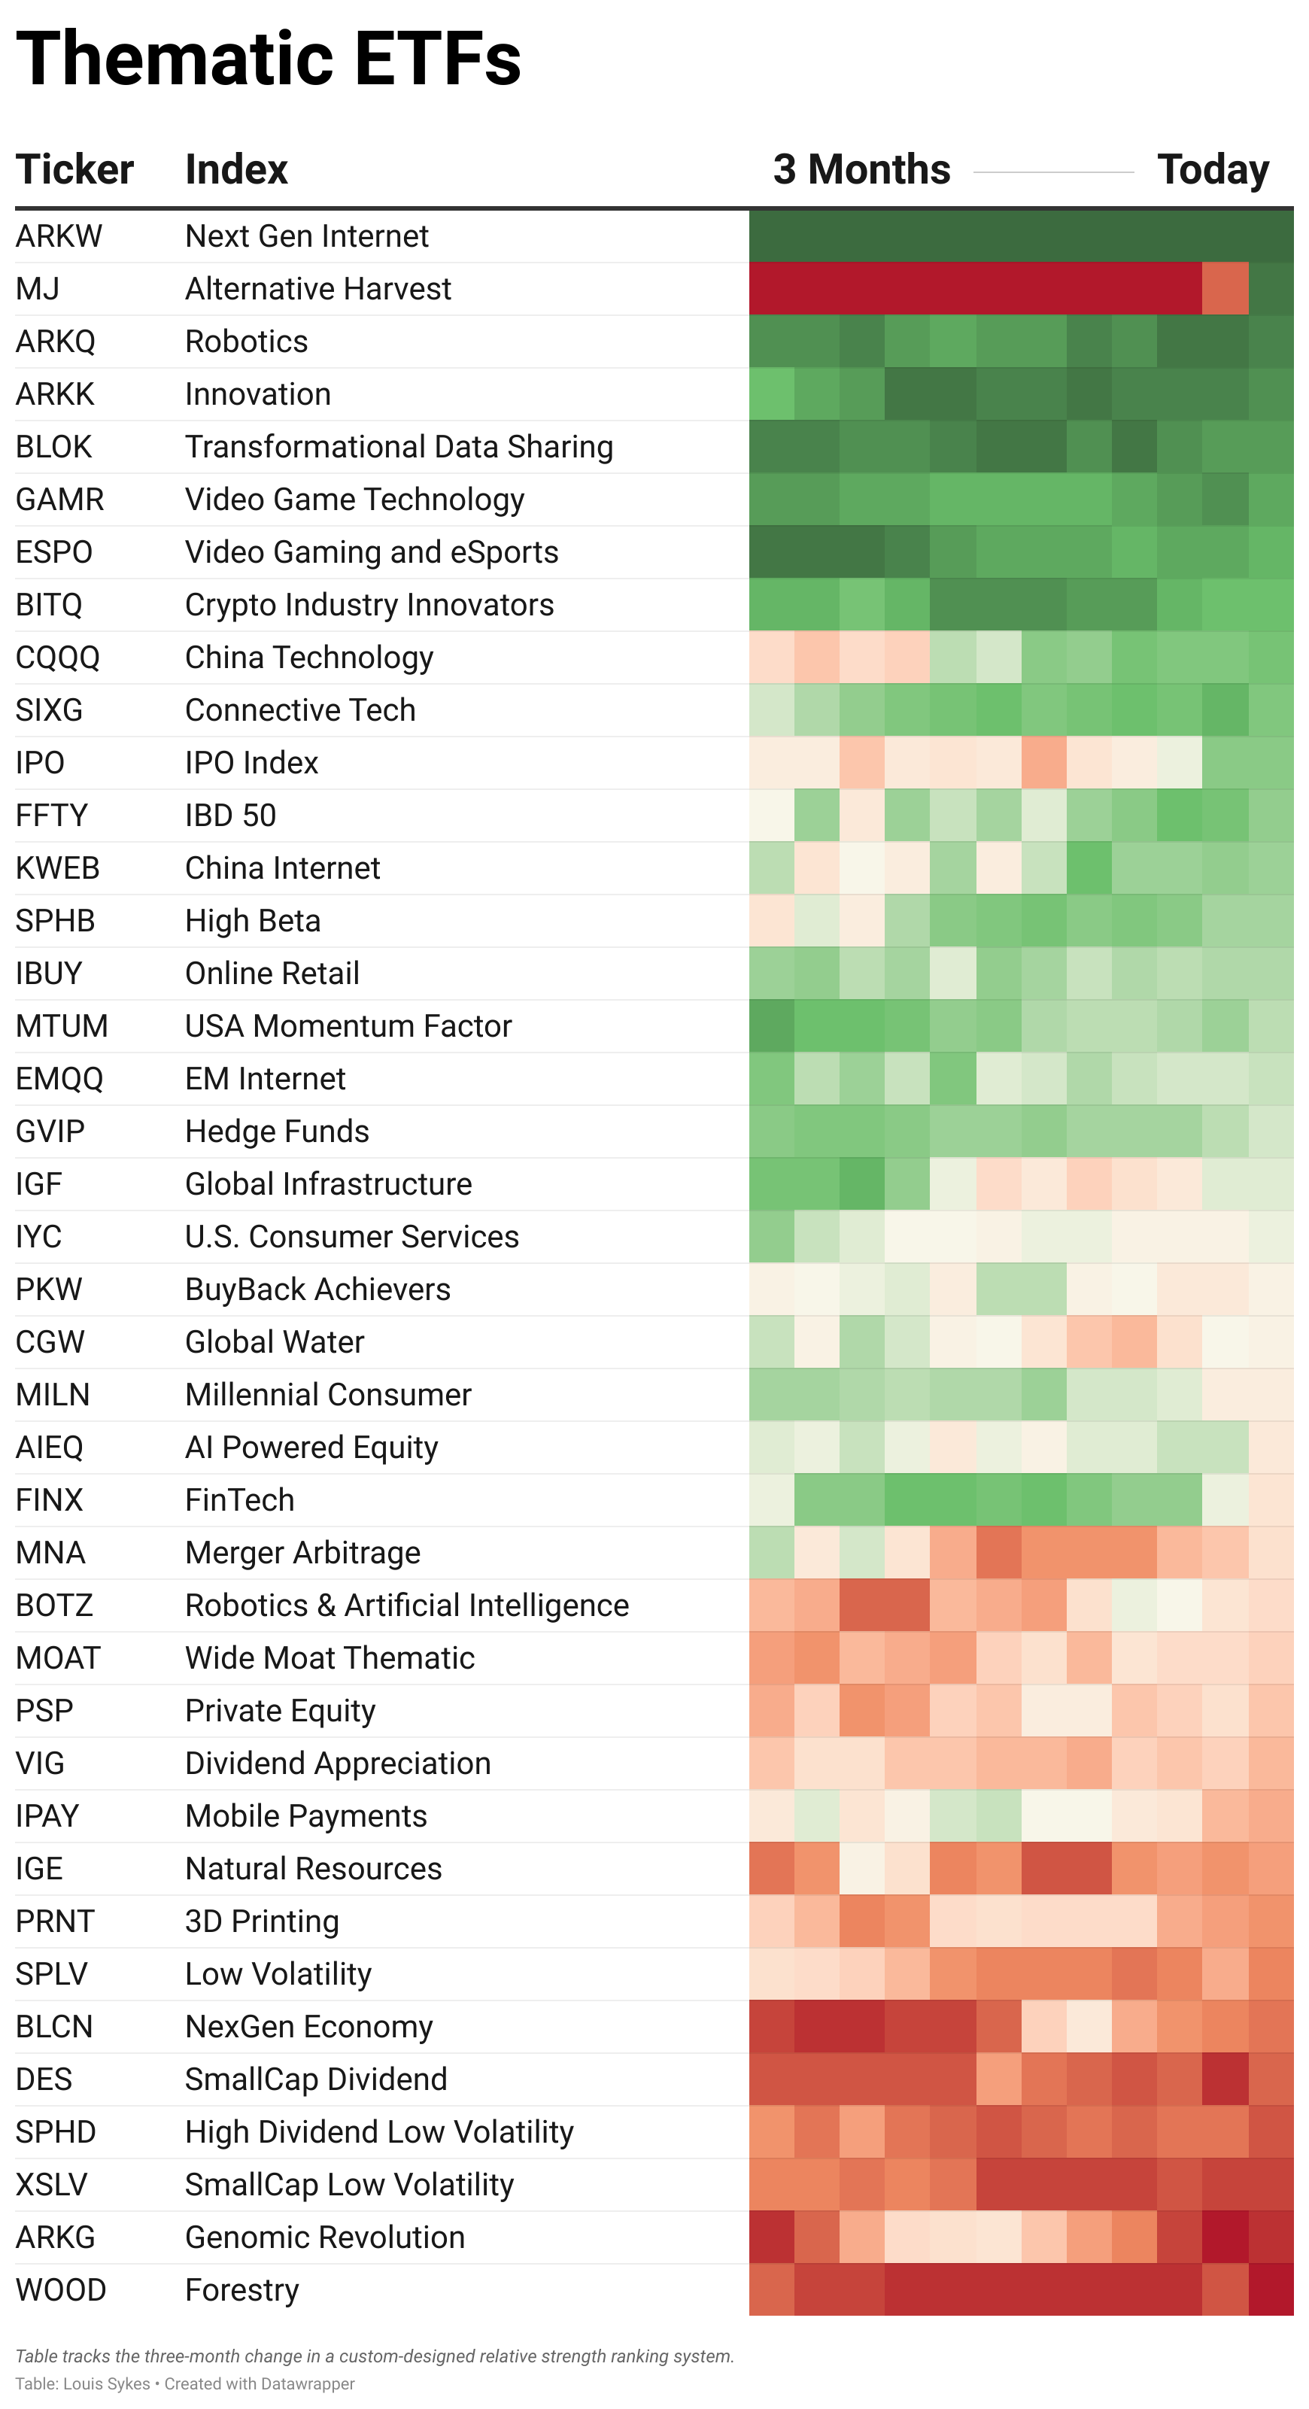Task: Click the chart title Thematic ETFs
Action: [x=269, y=59]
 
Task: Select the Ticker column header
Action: [x=74, y=170]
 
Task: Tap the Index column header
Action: [x=236, y=170]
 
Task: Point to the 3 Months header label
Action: [x=861, y=170]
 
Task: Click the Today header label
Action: [x=1213, y=170]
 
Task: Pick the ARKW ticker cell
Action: [x=59, y=236]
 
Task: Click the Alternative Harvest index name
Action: [x=318, y=289]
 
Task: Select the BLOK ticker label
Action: [x=54, y=447]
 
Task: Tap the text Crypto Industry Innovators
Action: [x=369, y=605]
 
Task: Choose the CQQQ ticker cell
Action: [x=58, y=658]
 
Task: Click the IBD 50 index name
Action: [x=231, y=816]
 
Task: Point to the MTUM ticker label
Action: [x=62, y=1026]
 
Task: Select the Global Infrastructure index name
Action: [x=328, y=1184]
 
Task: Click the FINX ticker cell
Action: [x=50, y=1500]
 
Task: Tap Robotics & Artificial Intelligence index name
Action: [x=407, y=1605]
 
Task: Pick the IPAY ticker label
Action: [x=47, y=1816]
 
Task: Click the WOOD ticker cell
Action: [x=61, y=2290]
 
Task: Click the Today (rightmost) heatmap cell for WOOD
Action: [x=1271, y=2290]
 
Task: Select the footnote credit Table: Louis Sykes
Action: [x=82, y=2383]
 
